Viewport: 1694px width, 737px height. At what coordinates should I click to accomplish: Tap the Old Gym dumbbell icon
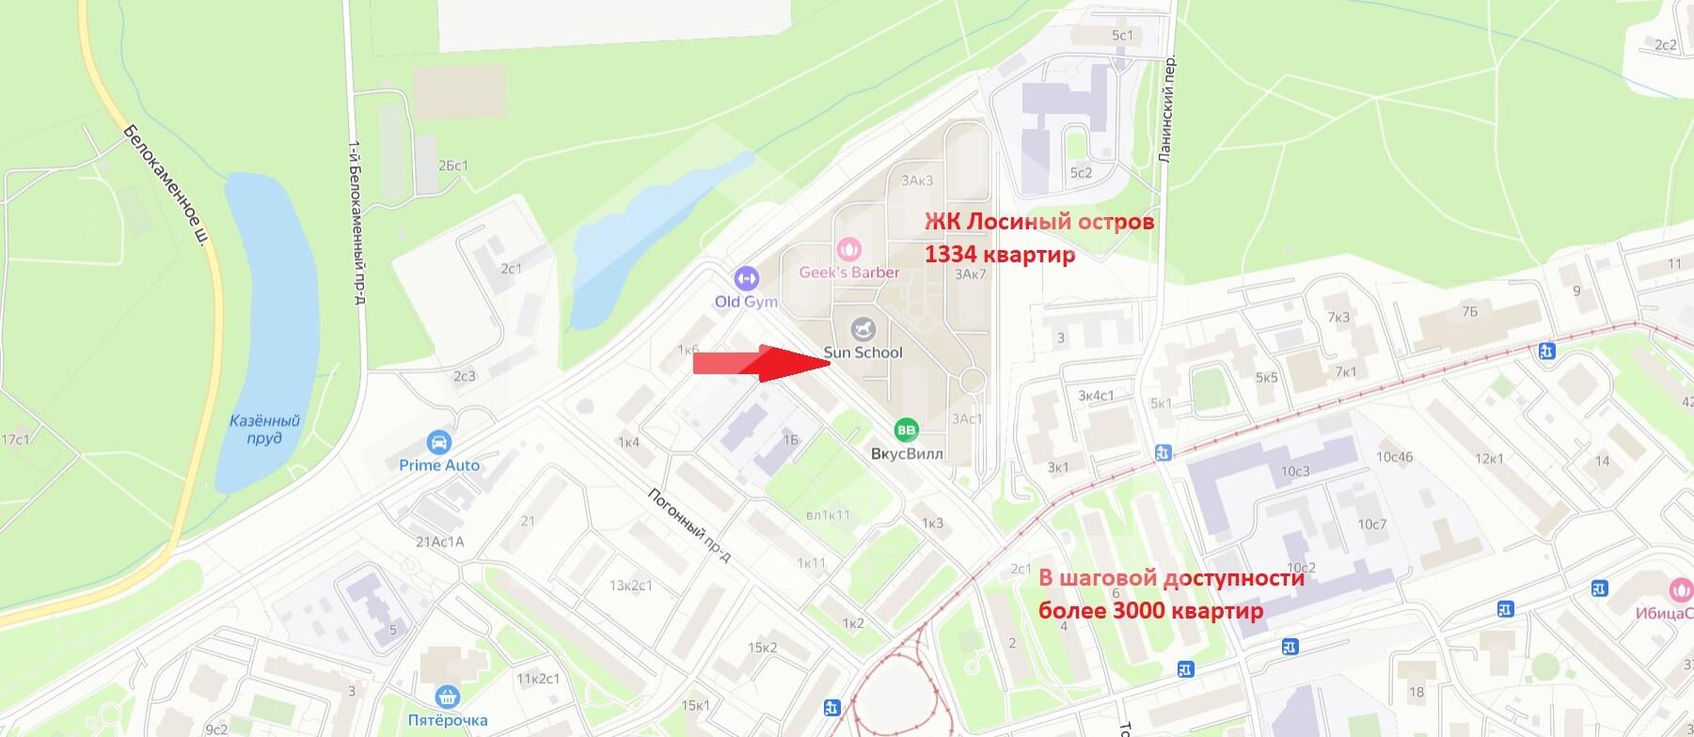746,278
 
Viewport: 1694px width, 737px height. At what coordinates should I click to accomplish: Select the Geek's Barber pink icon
848,250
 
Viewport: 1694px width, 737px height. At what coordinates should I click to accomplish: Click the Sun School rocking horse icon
863,329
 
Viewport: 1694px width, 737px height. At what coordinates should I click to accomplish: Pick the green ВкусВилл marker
906,430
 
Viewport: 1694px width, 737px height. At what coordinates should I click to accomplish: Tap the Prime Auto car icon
438,442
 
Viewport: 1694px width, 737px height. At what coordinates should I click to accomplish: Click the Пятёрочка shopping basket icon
448,697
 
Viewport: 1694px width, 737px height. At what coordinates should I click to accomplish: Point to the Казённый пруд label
265,431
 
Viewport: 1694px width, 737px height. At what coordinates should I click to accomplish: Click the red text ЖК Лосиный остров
1038,223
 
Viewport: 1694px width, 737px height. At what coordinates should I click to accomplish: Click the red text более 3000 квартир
1150,611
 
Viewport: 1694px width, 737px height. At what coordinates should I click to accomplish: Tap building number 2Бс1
452,165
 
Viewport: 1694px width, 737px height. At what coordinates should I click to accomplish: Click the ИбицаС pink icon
1679,589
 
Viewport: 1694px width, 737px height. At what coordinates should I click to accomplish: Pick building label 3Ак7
970,274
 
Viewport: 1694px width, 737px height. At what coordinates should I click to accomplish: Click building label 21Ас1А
440,541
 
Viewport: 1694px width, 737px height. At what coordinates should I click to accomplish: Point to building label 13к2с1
630,586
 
